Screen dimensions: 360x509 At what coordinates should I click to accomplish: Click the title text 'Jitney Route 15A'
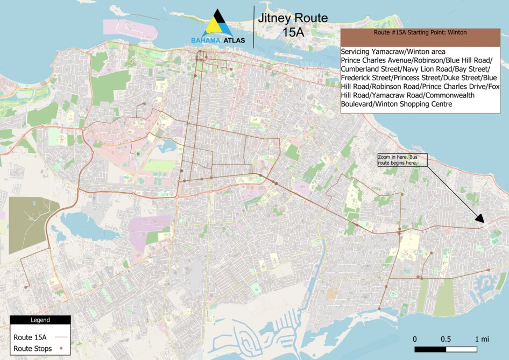pos(292,25)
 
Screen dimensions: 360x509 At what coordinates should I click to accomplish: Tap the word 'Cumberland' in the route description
pos(366,69)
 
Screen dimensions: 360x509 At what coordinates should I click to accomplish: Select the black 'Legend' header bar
pos(40,320)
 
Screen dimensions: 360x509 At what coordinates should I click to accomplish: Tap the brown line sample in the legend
pos(60,337)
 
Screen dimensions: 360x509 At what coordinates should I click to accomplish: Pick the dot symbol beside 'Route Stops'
pos(61,349)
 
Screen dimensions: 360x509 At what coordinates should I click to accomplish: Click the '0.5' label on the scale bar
pos(446,339)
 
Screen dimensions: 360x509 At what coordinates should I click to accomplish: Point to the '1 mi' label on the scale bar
pos(482,339)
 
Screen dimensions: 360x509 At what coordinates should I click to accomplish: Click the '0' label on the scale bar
pos(415,339)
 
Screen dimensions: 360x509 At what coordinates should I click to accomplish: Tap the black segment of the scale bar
pos(430,350)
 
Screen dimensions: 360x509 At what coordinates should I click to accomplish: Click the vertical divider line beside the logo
pos(253,24)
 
